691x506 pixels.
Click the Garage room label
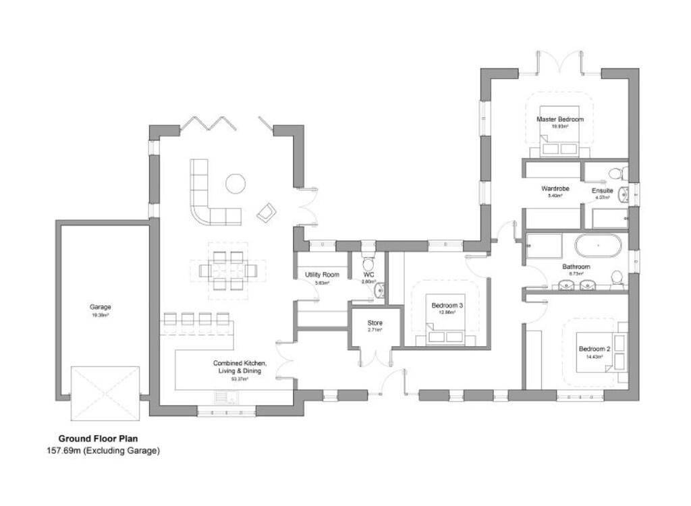100,307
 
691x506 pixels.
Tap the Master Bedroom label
559,119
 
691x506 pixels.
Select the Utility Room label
322,275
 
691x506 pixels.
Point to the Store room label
375,323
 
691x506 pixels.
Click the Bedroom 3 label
447,306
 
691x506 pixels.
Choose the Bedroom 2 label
594,349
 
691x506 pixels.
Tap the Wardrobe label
555,189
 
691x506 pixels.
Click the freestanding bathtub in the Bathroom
597,246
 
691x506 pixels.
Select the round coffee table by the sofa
236,184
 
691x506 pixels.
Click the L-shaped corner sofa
202,199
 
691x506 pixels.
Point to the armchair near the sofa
266,213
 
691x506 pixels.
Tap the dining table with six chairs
227,271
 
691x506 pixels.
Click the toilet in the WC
368,262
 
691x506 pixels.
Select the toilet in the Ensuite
615,174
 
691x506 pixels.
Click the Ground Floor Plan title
98,438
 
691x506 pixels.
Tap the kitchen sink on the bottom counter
223,397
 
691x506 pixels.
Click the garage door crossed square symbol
105,393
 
